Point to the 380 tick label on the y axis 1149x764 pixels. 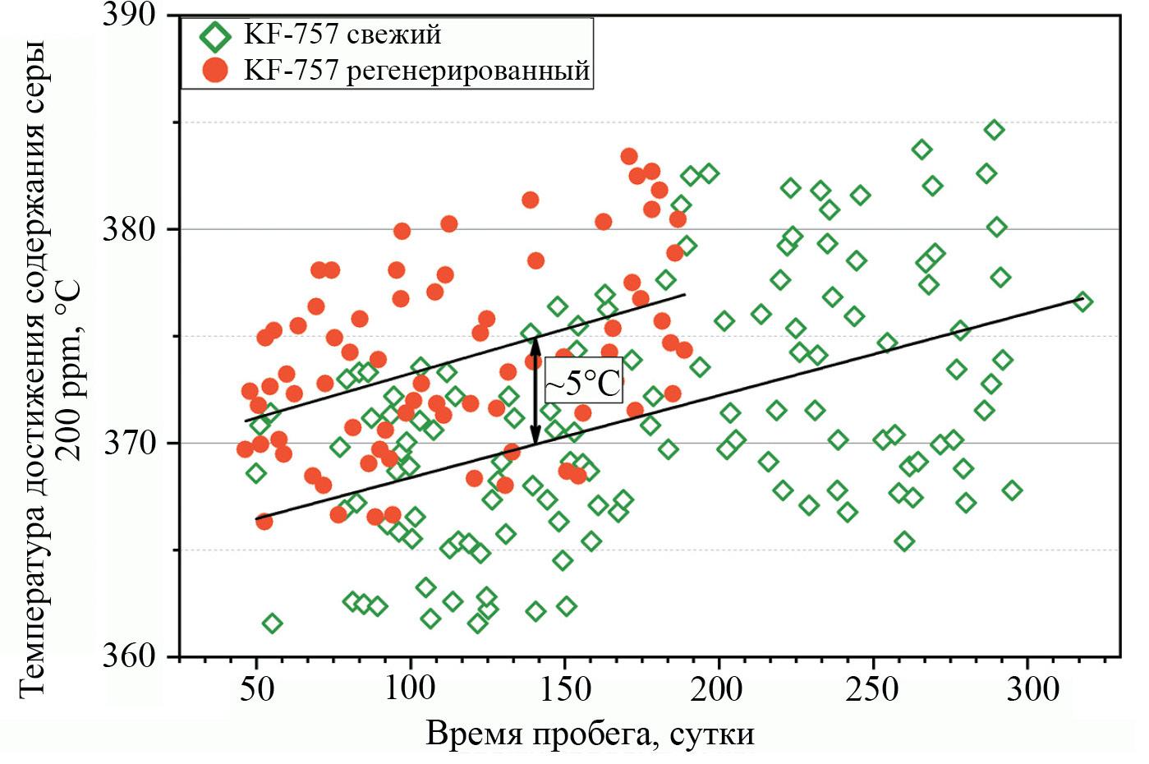pos(129,229)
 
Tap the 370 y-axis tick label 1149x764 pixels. pos(129,444)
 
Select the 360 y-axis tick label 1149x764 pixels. pos(129,656)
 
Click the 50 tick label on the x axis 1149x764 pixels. pos(256,688)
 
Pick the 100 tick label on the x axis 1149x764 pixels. pos(410,688)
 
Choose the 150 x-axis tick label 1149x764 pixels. pos(564,688)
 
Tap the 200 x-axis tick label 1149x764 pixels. pos(718,688)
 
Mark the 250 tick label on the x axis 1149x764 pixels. pos(872,688)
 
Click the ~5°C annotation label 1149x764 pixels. pos(584,382)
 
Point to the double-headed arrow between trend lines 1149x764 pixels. pos(535,391)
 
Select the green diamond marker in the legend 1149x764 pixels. pos(216,37)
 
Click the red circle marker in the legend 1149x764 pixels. pos(215,71)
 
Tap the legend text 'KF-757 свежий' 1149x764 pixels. pos(342,35)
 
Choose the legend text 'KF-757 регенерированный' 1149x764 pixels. pos(417,71)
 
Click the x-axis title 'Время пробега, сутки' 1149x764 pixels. pos(590,734)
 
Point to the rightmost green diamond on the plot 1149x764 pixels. pos(1082,301)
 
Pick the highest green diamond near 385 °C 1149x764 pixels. pos(994,130)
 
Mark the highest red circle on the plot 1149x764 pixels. pos(629,156)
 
